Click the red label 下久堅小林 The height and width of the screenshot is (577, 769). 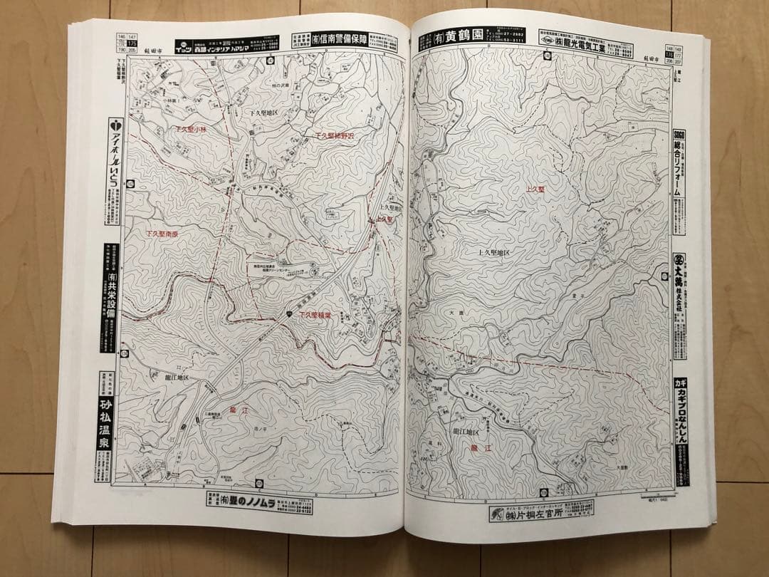tap(190, 130)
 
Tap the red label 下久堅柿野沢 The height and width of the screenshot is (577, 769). tap(334, 135)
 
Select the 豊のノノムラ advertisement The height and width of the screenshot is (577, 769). tap(260, 503)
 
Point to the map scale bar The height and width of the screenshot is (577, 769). tap(659, 493)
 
